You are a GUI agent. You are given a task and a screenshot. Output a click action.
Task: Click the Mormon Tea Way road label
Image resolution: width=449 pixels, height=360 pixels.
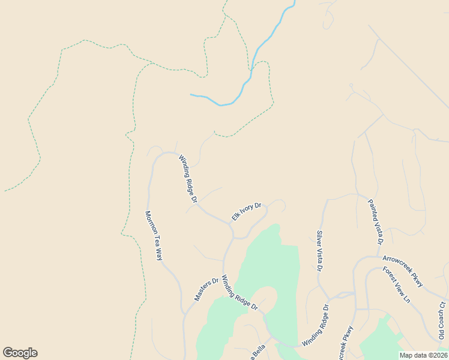click(154, 235)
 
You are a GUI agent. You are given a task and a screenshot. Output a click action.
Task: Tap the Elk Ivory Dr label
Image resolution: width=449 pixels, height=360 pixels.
click(247, 212)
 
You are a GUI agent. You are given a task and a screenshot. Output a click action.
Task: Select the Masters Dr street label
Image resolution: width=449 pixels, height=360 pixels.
click(206, 289)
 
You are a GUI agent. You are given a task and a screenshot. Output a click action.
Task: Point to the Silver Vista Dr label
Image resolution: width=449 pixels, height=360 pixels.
click(319, 251)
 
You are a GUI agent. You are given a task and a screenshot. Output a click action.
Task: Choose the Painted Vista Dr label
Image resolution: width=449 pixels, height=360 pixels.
click(375, 223)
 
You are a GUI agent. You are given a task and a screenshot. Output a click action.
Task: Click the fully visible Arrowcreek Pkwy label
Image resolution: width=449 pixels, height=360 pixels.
click(403, 271)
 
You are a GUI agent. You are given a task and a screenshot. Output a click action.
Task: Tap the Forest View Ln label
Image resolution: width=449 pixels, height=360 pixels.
click(398, 284)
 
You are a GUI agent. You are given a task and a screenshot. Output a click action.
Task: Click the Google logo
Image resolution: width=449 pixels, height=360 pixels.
click(20, 353)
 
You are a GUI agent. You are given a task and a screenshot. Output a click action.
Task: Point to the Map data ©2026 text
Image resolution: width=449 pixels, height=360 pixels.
click(423, 355)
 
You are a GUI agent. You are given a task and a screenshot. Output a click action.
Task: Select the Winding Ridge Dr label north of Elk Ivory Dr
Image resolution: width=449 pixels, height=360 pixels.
click(188, 178)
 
